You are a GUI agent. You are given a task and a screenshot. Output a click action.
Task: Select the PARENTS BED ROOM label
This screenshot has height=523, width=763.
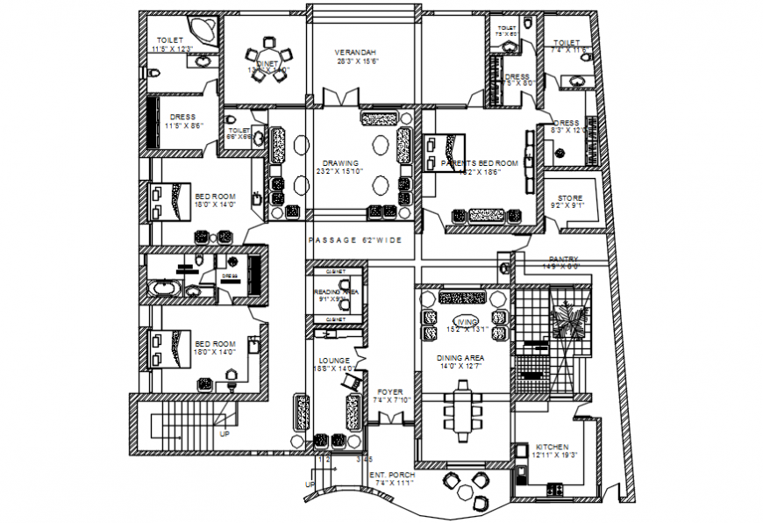tap(480, 163)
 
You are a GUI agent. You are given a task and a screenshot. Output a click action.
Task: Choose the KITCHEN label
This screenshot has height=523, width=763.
tap(552, 447)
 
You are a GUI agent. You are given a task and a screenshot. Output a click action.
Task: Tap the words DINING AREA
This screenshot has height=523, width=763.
tap(461, 358)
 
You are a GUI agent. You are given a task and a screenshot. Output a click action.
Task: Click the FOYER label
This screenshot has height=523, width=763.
tap(390, 392)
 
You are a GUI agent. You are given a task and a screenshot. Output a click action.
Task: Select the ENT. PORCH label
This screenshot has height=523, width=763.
tap(392, 475)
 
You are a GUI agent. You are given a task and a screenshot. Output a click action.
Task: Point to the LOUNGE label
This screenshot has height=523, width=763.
tap(334, 360)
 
